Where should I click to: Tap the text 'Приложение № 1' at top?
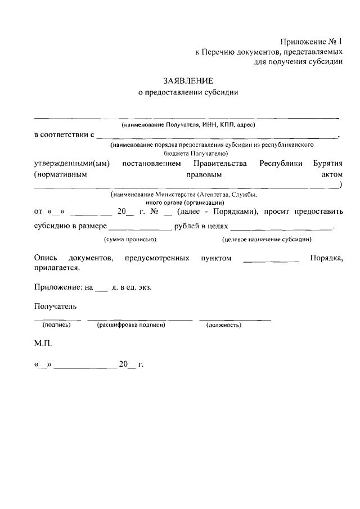[x=311, y=42]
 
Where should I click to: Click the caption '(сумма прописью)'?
[x=130, y=239]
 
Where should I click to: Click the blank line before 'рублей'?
[x=139, y=227]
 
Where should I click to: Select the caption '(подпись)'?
[x=56, y=325]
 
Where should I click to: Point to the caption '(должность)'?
[x=224, y=325]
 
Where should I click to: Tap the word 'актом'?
[x=329, y=174]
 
